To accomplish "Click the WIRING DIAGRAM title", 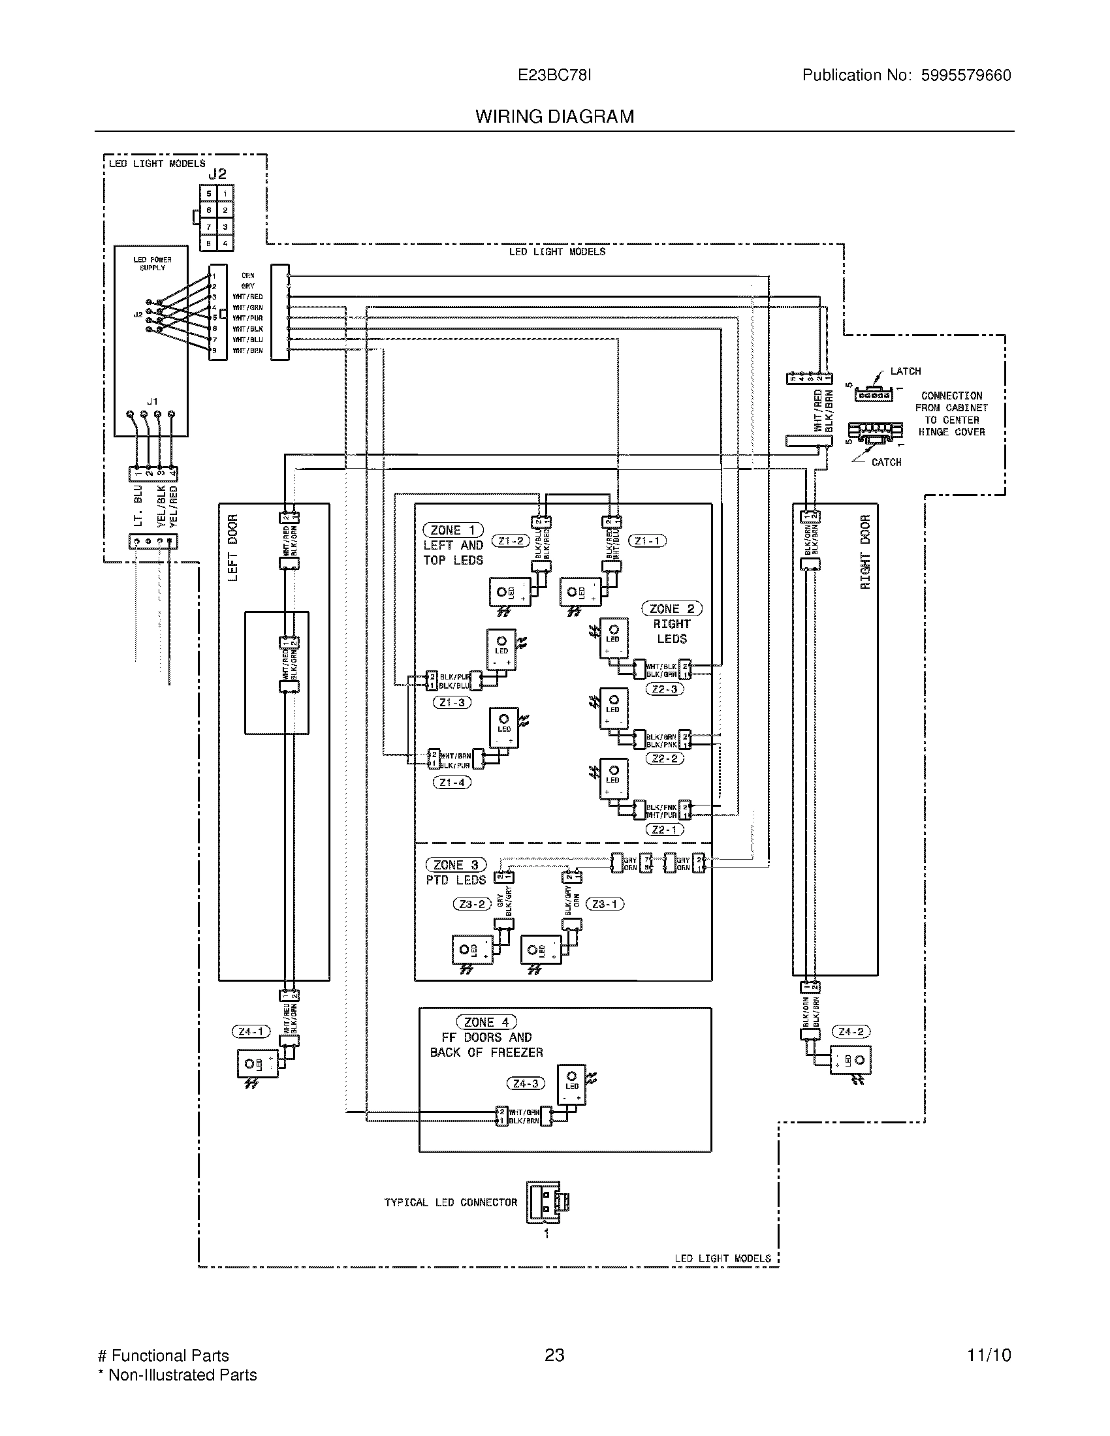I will pos(554,116).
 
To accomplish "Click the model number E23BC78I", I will pos(554,75).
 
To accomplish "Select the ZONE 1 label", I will pos(453,530).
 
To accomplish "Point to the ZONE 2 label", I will pos(671,609).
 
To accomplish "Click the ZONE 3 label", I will pos(456,865).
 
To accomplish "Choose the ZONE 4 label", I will pos(486,1022).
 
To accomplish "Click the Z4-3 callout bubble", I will pos(526,1083).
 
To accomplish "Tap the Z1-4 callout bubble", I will pos(452,783).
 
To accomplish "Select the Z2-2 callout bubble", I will pos(665,758).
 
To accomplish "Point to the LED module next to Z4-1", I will pos(257,1064).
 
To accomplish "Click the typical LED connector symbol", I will pos(547,1202).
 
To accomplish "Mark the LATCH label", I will pos(905,371).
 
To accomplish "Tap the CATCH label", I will pos(886,462).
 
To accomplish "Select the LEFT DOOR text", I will pos(233,547).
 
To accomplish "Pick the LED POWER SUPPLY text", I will pos(152,264).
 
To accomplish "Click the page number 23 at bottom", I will pos(554,1356).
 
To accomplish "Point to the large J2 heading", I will pos(217,174).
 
